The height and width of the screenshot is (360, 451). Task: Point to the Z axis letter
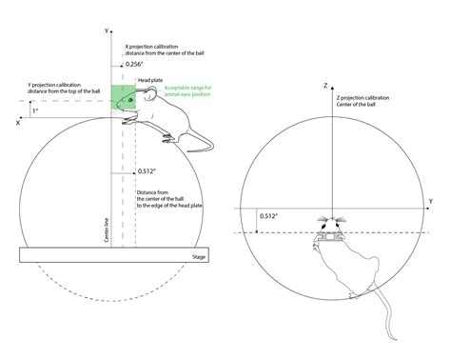click(325, 86)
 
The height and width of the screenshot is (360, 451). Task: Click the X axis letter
click(18, 122)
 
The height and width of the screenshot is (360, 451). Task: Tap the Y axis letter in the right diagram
click(430, 201)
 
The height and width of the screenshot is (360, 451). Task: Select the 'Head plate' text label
click(150, 82)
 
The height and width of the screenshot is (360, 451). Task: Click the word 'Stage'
click(199, 257)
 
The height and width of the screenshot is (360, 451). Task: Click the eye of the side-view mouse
click(130, 98)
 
